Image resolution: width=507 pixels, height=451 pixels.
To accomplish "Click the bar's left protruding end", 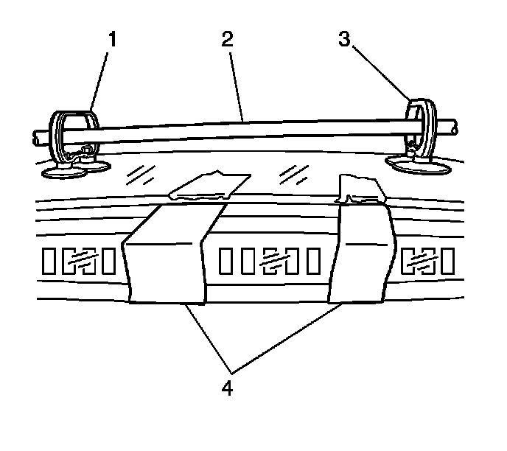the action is (40, 136).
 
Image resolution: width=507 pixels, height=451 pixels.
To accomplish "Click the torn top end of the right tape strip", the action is (361, 188).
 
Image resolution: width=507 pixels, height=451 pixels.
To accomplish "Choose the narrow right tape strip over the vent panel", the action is (360, 254).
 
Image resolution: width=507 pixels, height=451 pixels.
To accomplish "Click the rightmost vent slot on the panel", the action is (447, 260).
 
